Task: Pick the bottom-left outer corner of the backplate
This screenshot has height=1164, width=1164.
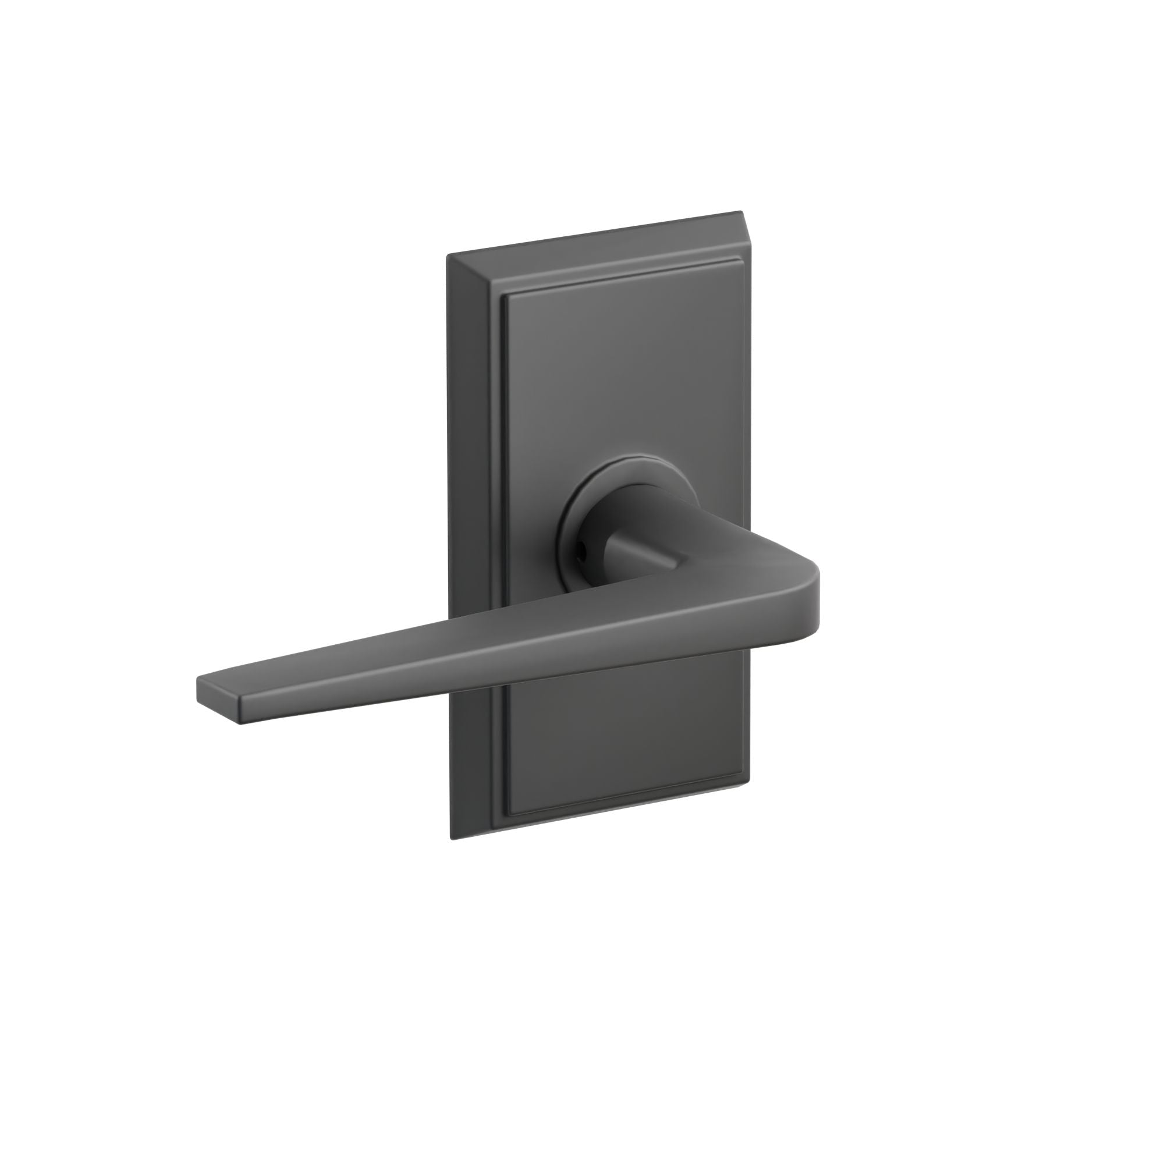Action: pyautogui.click(x=452, y=839)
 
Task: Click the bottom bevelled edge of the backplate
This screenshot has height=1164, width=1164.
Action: pyautogui.click(x=602, y=807)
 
